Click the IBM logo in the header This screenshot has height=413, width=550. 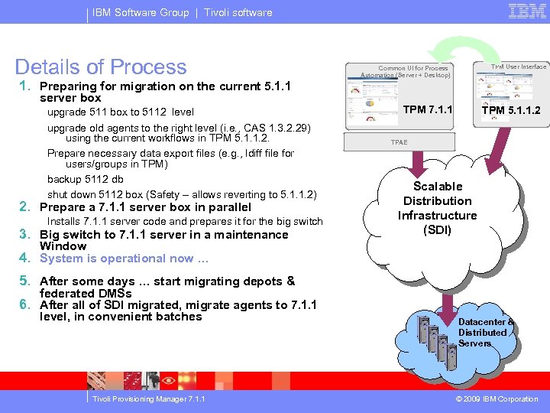tap(526, 11)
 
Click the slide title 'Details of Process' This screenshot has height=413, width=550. tap(101, 67)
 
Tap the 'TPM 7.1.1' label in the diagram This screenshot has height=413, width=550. tap(427, 109)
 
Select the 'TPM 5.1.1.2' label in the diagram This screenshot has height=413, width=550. tap(510, 110)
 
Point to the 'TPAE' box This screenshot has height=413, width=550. tap(399, 142)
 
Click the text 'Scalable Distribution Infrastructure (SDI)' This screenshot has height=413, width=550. tap(437, 208)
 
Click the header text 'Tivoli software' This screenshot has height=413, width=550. tap(238, 12)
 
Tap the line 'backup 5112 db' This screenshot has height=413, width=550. tap(85, 179)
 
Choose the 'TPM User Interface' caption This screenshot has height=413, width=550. tap(519, 67)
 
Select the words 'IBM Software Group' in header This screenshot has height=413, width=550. tap(141, 12)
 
